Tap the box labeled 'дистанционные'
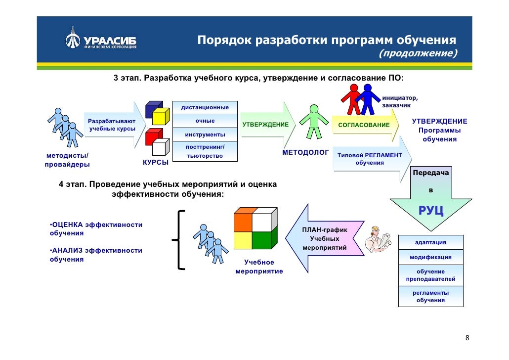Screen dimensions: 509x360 pyautogui.click(x=205, y=107)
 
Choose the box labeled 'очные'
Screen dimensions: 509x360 pyautogui.click(x=205, y=121)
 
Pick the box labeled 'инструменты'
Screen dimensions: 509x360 pyautogui.click(x=205, y=135)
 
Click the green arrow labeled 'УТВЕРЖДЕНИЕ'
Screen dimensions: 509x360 pyautogui.click(x=266, y=124)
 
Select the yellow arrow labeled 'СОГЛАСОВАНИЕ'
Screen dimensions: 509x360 pyautogui.click(x=364, y=125)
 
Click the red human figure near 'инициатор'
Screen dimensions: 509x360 pyautogui.click(x=352, y=98)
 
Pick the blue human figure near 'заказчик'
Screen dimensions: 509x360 pyautogui.click(x=368, y=98)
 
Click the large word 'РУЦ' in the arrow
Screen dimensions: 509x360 pyautogui.click(x=430, y=211)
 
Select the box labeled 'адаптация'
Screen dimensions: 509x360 pyautogui.click(x=430, y=242)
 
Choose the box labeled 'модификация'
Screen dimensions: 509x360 pyautogui.click(x=430, y=258)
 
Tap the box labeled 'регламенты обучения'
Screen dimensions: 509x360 pyautogui.click(x=430, y=297)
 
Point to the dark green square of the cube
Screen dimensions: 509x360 pyautogui.click(x=261, y=240)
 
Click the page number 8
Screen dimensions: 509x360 pyautogui.click(x=467, y=338)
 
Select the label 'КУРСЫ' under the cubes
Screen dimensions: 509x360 pyautogui.click(x=156, y=162)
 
